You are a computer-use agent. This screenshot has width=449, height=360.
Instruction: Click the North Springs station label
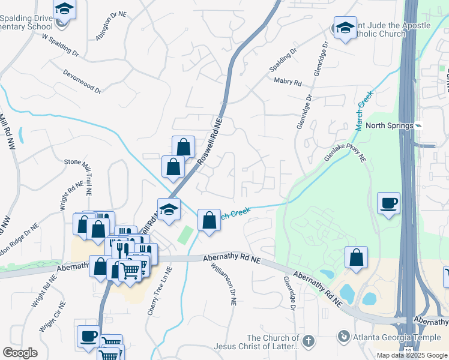click(390, 125)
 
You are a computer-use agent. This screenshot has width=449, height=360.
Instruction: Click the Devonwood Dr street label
click(82, 80)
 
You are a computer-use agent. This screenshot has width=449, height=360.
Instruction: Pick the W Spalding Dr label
click(60, 45)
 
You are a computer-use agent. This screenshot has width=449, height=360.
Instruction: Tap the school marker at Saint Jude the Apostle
click(345, 28)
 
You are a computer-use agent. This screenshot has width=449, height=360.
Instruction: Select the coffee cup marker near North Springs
click(388, 202)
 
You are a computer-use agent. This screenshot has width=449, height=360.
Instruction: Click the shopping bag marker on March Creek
click(209, 220)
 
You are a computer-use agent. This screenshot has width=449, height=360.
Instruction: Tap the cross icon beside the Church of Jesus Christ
click(309, 340)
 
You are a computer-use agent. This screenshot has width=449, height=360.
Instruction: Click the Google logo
click(20, 353)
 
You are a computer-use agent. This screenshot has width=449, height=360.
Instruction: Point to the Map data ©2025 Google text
click(411, 355)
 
